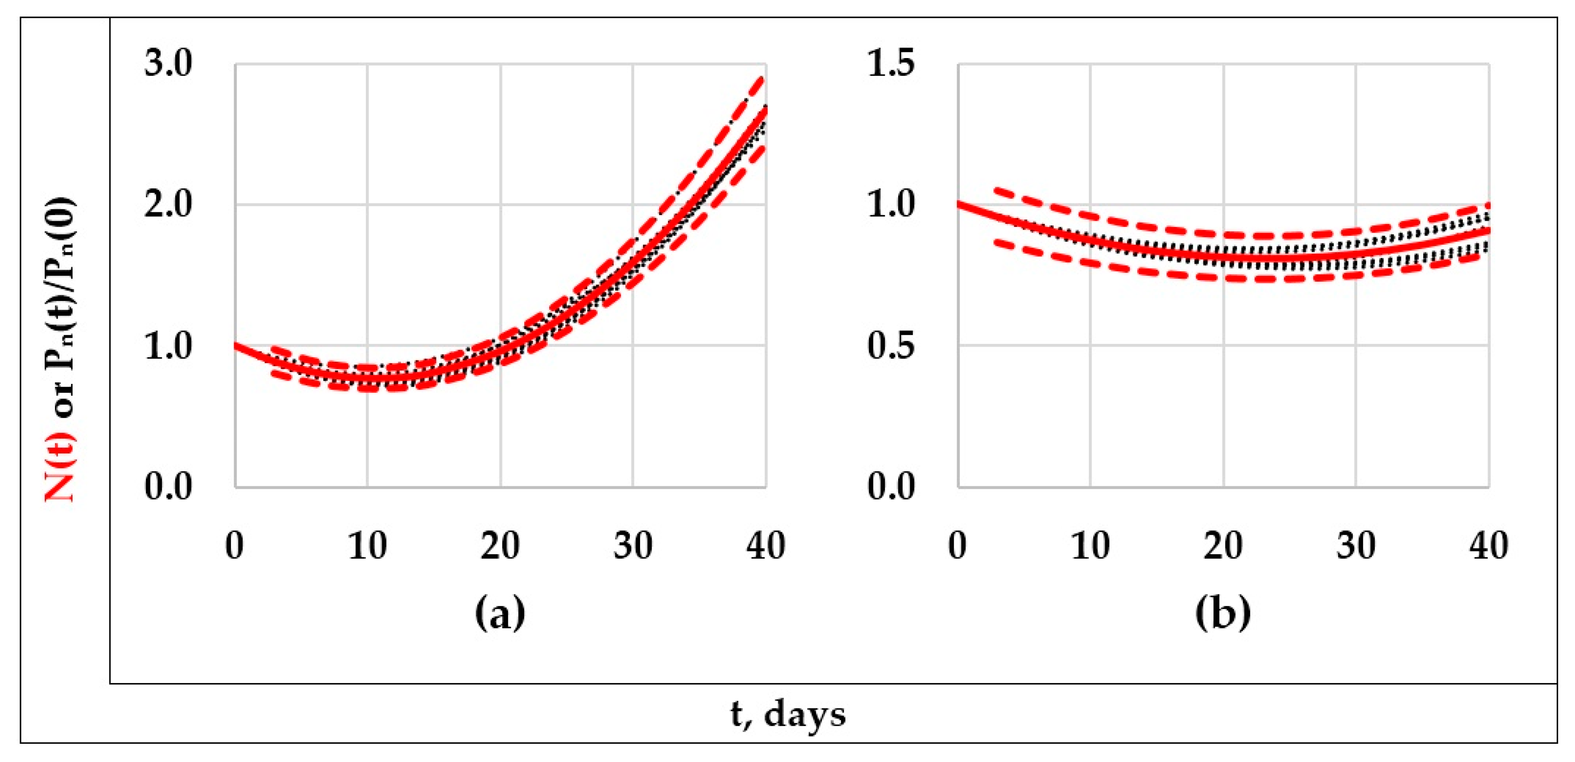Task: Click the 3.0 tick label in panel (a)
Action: point(168,63)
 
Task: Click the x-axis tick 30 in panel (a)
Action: point(633,546)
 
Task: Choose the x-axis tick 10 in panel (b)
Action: point(1090,546)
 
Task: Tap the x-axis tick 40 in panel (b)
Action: point(1488,546)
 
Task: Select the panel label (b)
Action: point(1222,614)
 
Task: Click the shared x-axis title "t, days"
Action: point(788,714)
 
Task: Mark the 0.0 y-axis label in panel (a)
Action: point(168,487)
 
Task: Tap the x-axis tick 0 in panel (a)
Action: point(235,546)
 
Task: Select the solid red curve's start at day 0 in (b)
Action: point(958,203)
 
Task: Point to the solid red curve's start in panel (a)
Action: point(236,345)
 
